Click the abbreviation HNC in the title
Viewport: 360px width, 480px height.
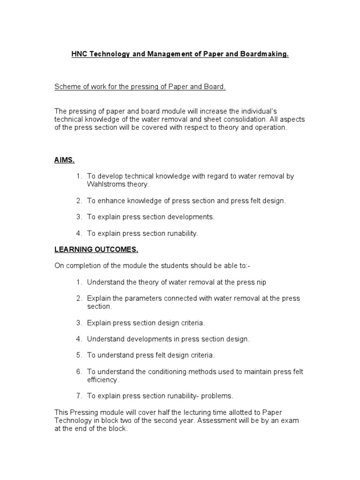coord(79,55)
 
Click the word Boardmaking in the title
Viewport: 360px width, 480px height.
coord(263,55)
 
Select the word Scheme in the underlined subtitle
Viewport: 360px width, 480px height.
coord(67,87)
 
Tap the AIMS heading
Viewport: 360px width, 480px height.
coord(64,160)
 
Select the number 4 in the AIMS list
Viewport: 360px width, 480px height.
coord(79,233)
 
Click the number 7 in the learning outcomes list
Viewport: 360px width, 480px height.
coord(79,396)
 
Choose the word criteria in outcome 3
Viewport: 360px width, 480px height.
coord(193,322)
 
